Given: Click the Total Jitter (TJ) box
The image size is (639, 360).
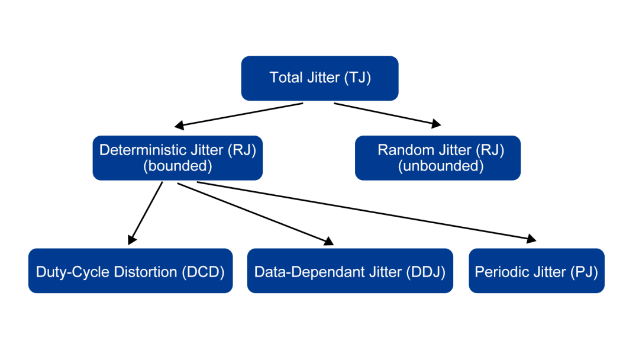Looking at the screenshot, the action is coord(319,78).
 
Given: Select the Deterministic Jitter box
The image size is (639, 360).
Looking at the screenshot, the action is coord(177,157).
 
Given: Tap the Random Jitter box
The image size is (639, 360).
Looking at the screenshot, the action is coord(438,157).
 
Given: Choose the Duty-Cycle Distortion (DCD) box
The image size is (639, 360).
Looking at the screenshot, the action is coord(130,271).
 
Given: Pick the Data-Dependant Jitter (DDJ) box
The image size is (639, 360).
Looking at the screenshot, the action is coord(350,271).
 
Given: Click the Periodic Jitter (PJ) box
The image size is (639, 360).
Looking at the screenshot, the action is coord(537,271).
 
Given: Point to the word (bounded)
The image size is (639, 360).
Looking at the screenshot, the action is coord(177,166).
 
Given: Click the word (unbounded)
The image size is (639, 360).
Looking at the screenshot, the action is coord(441,166).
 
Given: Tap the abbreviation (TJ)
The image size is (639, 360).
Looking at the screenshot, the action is coord(357,78).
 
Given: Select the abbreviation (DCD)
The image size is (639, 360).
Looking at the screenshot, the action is coord(203,272).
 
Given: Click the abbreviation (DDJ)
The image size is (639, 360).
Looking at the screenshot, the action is coord(426,272).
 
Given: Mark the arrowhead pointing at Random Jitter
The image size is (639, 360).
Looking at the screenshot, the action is coord(437,123).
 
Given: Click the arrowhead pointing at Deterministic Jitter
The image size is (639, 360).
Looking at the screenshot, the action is coord(179,125).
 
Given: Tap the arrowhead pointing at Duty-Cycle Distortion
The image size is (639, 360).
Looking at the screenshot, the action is coord(131,240).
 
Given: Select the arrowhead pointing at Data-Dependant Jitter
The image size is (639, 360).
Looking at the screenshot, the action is coord(328,241).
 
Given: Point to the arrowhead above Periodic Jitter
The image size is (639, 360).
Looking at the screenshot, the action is coord(531,239).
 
